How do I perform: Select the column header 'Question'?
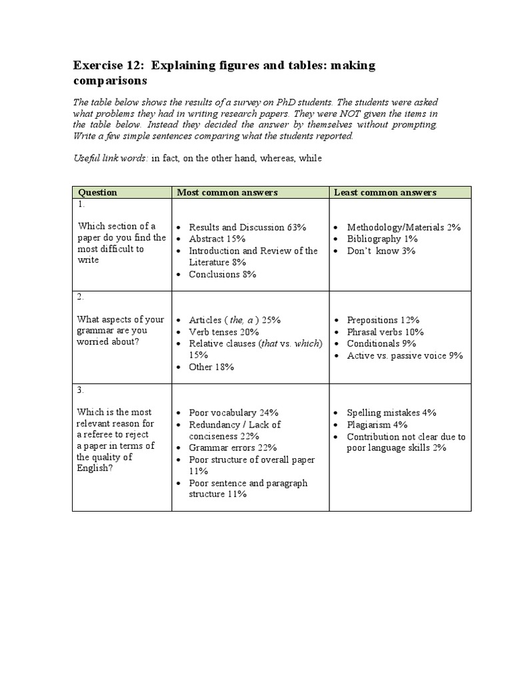[x=97, y=192]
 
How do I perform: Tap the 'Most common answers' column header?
[x=227, y=192]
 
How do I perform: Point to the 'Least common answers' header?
[x=385, y=192]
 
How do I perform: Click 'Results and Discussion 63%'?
[x=247, y=227]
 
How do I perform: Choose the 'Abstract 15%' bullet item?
[x=217, y=239]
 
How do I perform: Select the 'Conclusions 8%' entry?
[x=223, y=274]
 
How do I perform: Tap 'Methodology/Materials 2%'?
[x=404, y=227]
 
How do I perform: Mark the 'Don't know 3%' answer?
[x=381, y=251]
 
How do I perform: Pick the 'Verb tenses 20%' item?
[x=224, y=331]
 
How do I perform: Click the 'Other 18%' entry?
[x=211, y=367]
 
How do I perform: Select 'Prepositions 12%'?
[x=382, y=320]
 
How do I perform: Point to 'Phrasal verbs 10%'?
[x=385, y=331]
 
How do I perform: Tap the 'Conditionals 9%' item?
[x=381, y=344]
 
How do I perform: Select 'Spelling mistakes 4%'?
[x=391, y=413]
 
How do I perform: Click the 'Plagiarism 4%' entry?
[x=377, y=425]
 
